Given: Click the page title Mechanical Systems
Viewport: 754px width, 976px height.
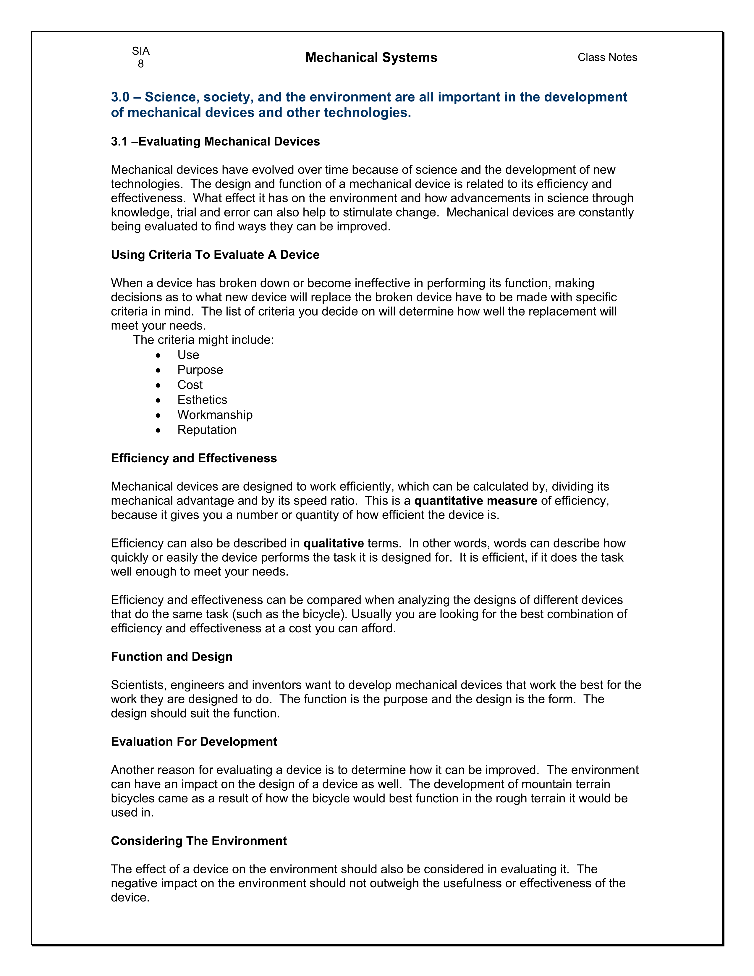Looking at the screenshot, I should click(371, 58).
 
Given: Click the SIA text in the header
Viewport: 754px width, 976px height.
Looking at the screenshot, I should click(141, 51).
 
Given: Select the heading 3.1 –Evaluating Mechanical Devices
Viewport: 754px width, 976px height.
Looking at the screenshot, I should click(215, 142).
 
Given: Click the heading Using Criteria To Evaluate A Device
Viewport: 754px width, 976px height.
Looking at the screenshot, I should click(215, 255).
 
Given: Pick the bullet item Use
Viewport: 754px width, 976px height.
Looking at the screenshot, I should click(188, 355).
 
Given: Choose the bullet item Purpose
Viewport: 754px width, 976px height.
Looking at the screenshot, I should click(200, 370).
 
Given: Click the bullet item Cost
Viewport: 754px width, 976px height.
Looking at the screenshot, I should click(190, 385).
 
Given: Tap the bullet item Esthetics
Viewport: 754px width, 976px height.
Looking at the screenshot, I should click(202, 400).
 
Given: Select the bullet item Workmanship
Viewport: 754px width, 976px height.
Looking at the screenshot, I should click(215, 415).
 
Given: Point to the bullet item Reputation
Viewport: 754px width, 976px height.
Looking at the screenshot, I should click(207, 430).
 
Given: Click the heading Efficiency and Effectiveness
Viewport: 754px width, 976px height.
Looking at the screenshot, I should click(194, 458).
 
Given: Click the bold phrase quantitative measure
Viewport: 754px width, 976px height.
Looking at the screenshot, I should click(476, 501).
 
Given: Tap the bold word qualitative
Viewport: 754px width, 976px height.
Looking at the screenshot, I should click(334, 543).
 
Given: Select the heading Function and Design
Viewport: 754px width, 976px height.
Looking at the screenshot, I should click(171, 657).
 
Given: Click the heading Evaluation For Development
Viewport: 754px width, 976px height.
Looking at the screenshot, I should click(194, 742).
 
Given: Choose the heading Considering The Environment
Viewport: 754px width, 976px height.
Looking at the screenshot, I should click(199, 841).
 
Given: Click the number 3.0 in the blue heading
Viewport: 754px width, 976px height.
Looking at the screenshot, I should click(120, 97).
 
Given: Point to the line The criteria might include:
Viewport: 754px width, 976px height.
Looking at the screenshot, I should click(203, 340).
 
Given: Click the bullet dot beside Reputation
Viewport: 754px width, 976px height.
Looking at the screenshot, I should click(158, 430).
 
